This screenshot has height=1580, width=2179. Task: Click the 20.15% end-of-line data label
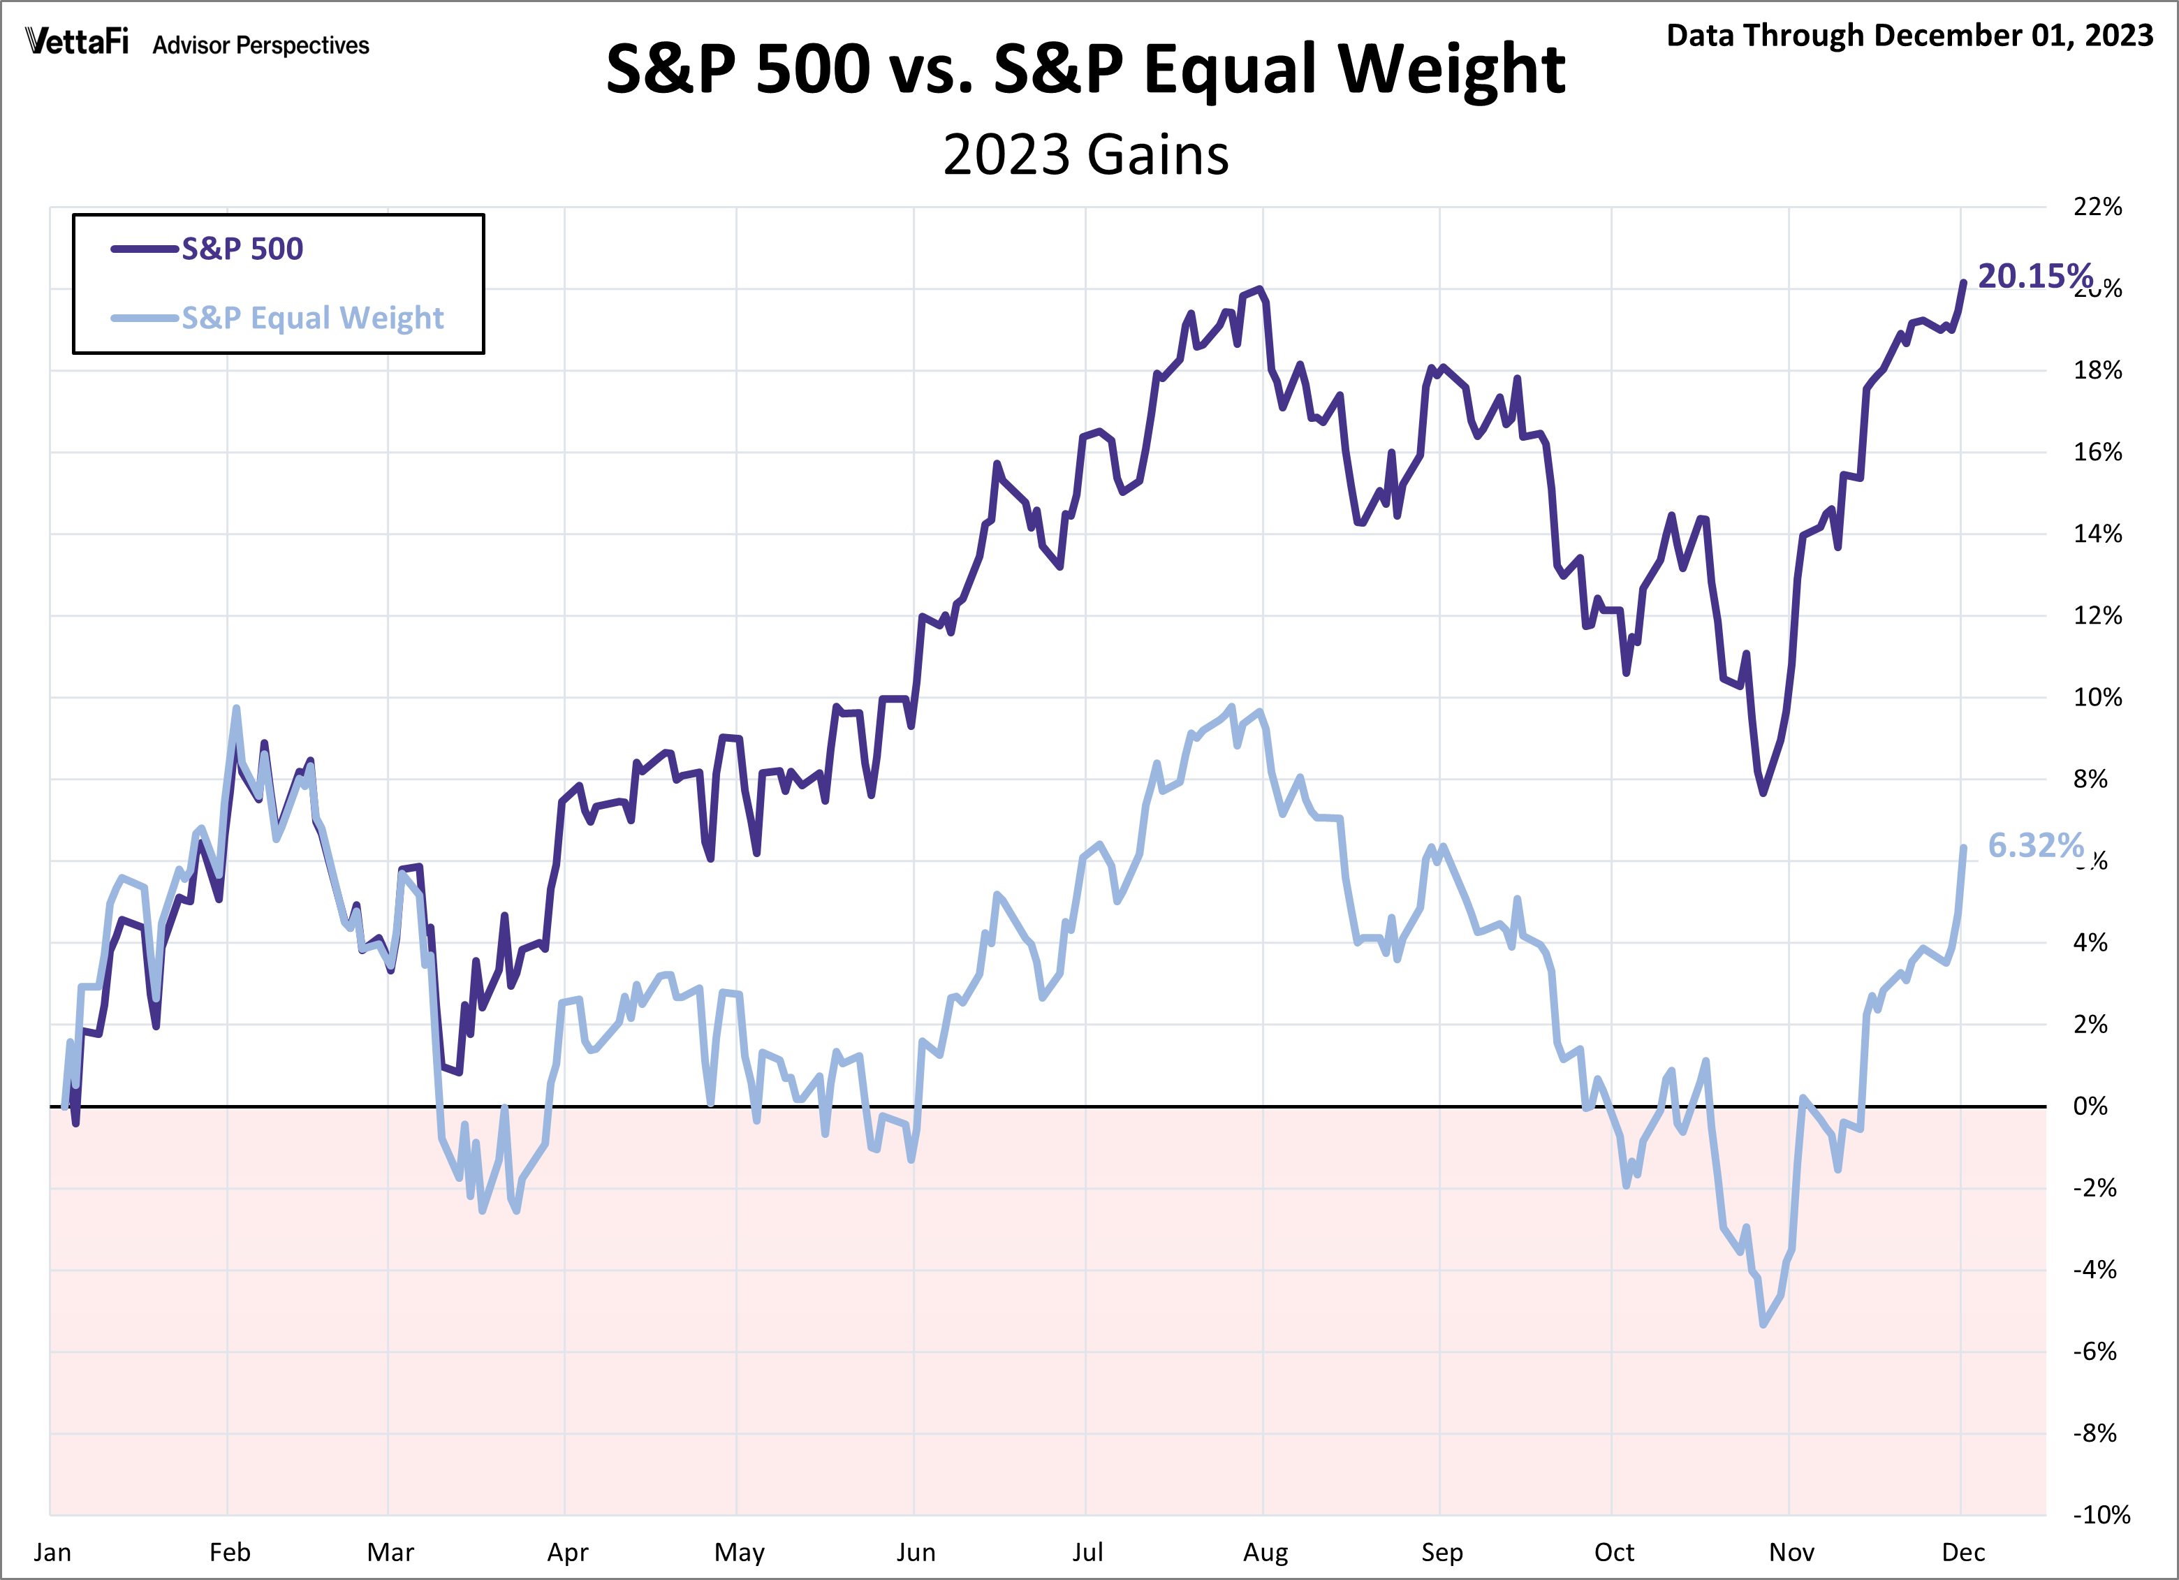coord(2034,277)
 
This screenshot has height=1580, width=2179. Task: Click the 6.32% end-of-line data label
coord(2034,846)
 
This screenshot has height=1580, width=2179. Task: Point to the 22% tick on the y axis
coord(2097,207)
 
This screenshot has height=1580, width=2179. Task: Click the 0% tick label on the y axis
coord(2090,1106)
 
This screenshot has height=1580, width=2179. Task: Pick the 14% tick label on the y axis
coord(2097,534)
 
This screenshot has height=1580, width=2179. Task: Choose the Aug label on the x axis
coord(1265,1552)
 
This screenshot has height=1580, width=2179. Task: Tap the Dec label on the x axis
coord(1962,1552)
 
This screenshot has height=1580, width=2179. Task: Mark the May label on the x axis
coord(739,1552)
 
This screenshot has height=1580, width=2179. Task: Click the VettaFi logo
coord(76,43)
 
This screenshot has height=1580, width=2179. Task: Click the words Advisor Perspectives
coord(261,45)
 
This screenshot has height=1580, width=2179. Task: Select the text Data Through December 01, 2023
coord(1909,36)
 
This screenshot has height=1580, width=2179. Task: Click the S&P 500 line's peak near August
coord(1259,288)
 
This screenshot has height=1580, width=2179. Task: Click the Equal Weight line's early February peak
coord(236,708)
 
